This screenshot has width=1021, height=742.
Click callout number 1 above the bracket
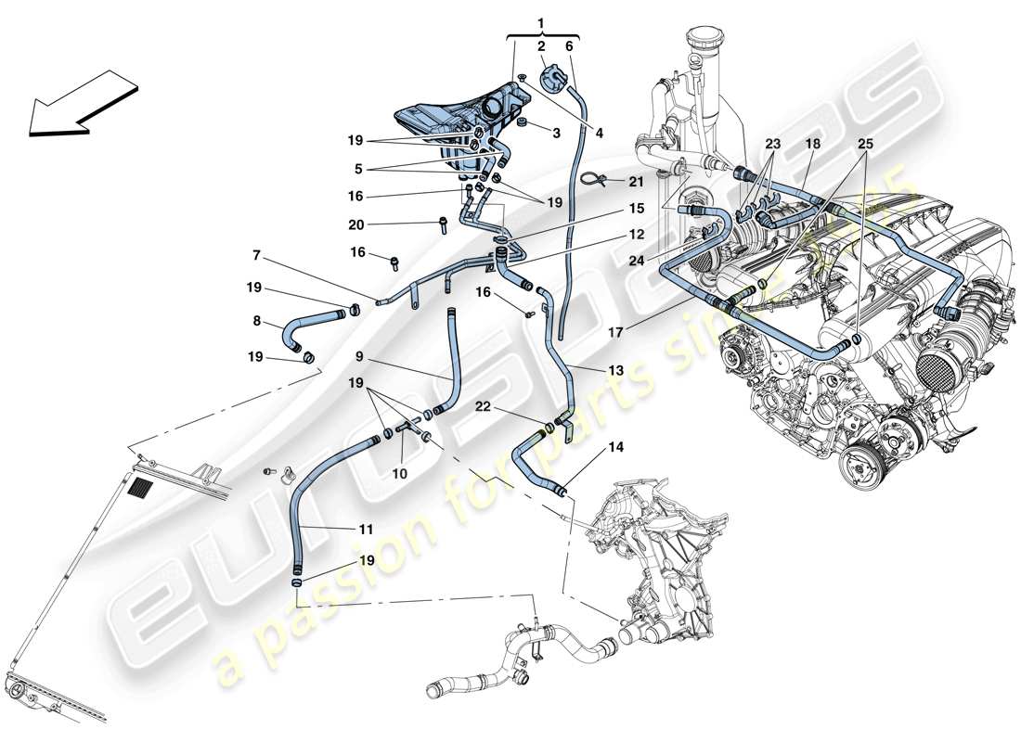[542, 19]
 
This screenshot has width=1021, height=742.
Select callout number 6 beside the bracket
[569, 45]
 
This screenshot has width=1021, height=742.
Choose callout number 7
[254, 255]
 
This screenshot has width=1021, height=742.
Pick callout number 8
[255, 323]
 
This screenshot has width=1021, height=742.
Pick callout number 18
[812, 145]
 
